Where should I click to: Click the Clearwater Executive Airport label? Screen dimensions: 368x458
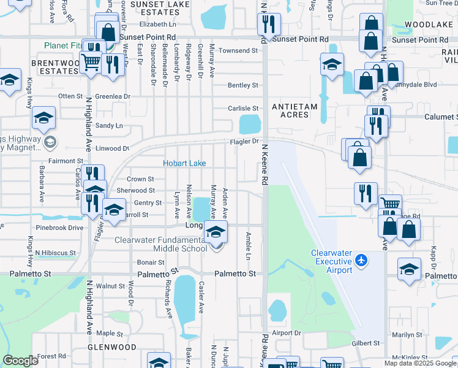pyautogui.click(x=331, y=261)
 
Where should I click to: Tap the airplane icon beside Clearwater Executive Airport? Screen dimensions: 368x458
pyautogui.click(x=361, y=261)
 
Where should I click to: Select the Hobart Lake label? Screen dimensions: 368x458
pyautogui.click(x=184, y=163)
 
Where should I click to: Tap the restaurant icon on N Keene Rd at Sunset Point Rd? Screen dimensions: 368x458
pyautogui.click(x=269, y=25)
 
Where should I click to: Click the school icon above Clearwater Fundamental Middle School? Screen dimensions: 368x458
pyautogui.click(x=215, y=232)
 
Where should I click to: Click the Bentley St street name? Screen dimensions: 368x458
pyautogui.click(x=243, y=85)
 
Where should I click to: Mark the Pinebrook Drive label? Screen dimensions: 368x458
pyautogui.click(x=59, y=228)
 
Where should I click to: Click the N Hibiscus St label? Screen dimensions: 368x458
pyautogui.click(x=55, y=252)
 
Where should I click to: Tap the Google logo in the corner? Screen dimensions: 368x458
pyautogui.click(x=20, y=361)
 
